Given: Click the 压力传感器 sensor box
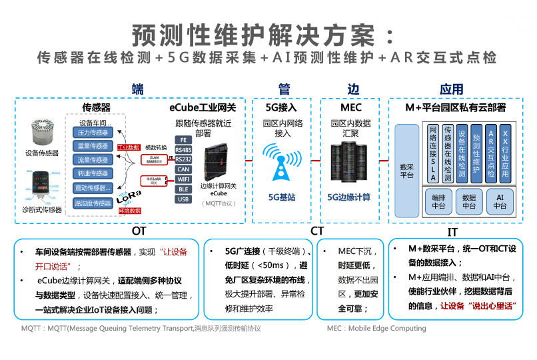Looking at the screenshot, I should coord(93,133).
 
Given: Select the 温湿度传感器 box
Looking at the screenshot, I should coord(93,203).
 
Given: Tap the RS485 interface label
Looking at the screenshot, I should coord(183,149).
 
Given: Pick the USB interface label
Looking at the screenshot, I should coord(183,199).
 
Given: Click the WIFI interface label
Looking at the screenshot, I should coord(183,179).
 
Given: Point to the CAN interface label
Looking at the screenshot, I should coord(183,169).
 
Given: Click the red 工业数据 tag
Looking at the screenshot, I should coord(129,147).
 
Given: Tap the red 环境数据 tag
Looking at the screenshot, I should coord(129,211).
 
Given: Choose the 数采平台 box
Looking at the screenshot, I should coord(406,170).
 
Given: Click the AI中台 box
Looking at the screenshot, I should coord(500,201).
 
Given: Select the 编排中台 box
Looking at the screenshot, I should coord(438,201).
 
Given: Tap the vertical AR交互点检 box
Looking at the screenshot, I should coord(491,153).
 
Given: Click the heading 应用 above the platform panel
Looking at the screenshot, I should coord(451,90).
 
